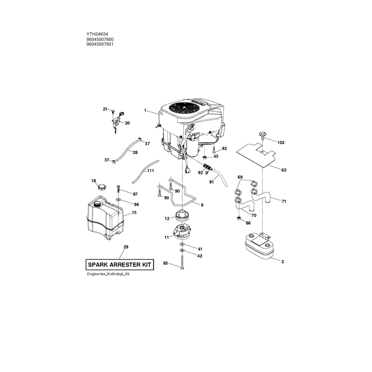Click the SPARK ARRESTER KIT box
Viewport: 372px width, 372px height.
pyautogui.click(x=120, y=265)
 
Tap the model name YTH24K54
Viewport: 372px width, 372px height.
pyautogui.click(x=97, y=34)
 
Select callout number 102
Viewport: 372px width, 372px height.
pyautogui.click(x=281, y=143)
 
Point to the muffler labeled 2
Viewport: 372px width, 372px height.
pyautogui.click(x=259, y=246)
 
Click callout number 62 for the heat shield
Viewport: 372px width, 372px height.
pyautogui.click(x=284, y=170)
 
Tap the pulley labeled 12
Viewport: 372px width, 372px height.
pyautogui.click(x=182, y=215)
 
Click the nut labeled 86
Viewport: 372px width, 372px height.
pyautogui.click(x=239, y=218)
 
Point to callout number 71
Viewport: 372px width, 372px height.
pyautogui.click(x=284, y=201)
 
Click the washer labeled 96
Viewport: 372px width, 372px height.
pyautogui.click(x=118, y=200)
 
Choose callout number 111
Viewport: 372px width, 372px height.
pyautogui.click(x=150, y=171)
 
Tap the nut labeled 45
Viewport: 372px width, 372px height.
pyautogui.click(x=204, y=158)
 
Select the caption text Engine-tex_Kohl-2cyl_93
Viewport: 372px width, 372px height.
pyautogui.click(x=108, y=274)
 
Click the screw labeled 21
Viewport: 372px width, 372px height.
pyautogui.click(x=113, y=111)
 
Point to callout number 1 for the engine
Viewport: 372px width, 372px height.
pyautogui.click(x=145, y=111)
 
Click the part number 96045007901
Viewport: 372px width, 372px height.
pyautogui.click(x=100, y=44)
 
